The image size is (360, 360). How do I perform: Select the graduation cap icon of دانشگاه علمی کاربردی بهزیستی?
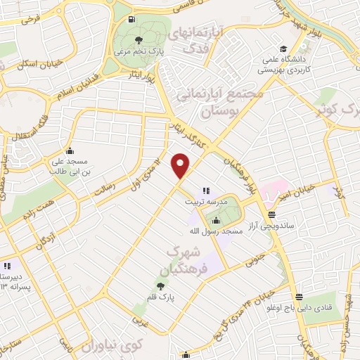pos(283,49)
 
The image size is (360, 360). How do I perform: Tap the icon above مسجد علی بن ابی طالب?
pos(69,150)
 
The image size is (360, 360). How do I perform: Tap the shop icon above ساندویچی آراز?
pos(271,215)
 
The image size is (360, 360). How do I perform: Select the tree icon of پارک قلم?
pos(161,286)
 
